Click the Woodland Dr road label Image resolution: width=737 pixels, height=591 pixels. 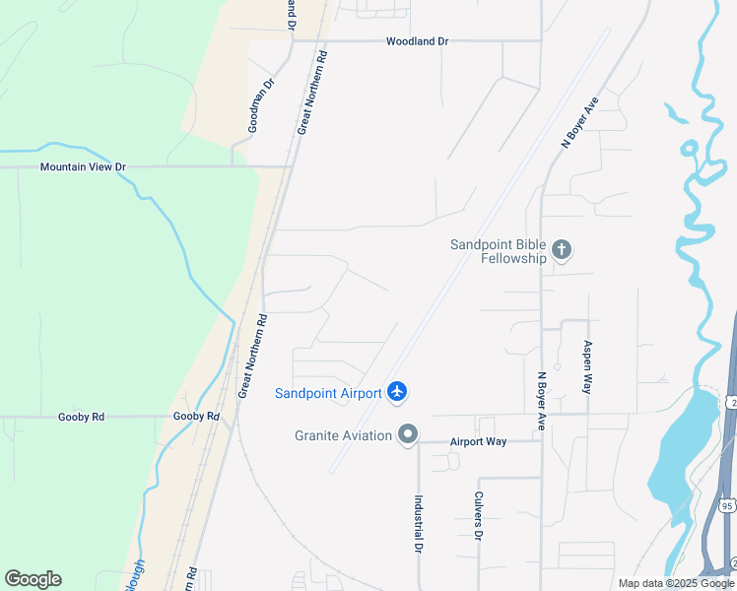[x=417, y=41]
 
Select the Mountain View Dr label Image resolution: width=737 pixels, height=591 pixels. [x=83, y=167]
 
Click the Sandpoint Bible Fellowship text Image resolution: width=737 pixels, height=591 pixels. [x=499, y=251]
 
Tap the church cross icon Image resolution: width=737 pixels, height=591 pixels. [x=562, y=250]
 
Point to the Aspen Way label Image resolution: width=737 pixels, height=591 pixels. [x=587, y=367]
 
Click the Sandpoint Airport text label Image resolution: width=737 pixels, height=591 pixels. [x=327, y=393]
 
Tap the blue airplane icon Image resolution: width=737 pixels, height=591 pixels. [x=397, y=392]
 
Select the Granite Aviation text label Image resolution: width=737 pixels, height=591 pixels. [x=343, y=435]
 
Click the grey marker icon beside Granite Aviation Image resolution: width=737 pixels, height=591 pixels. [x=408, y=434]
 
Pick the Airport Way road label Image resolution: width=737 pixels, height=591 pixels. [x=478, y=442]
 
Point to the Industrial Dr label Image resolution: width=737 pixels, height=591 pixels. [x=418, y=522]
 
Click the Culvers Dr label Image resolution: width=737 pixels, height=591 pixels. [x=478, y=516]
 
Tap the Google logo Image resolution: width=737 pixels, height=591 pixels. [x=33, y=579]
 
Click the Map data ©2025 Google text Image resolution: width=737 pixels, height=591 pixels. [x=677, y=583]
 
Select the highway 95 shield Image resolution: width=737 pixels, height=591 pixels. [x=726, y=505]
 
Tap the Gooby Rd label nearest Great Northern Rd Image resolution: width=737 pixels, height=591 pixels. [x=196, y=417]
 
